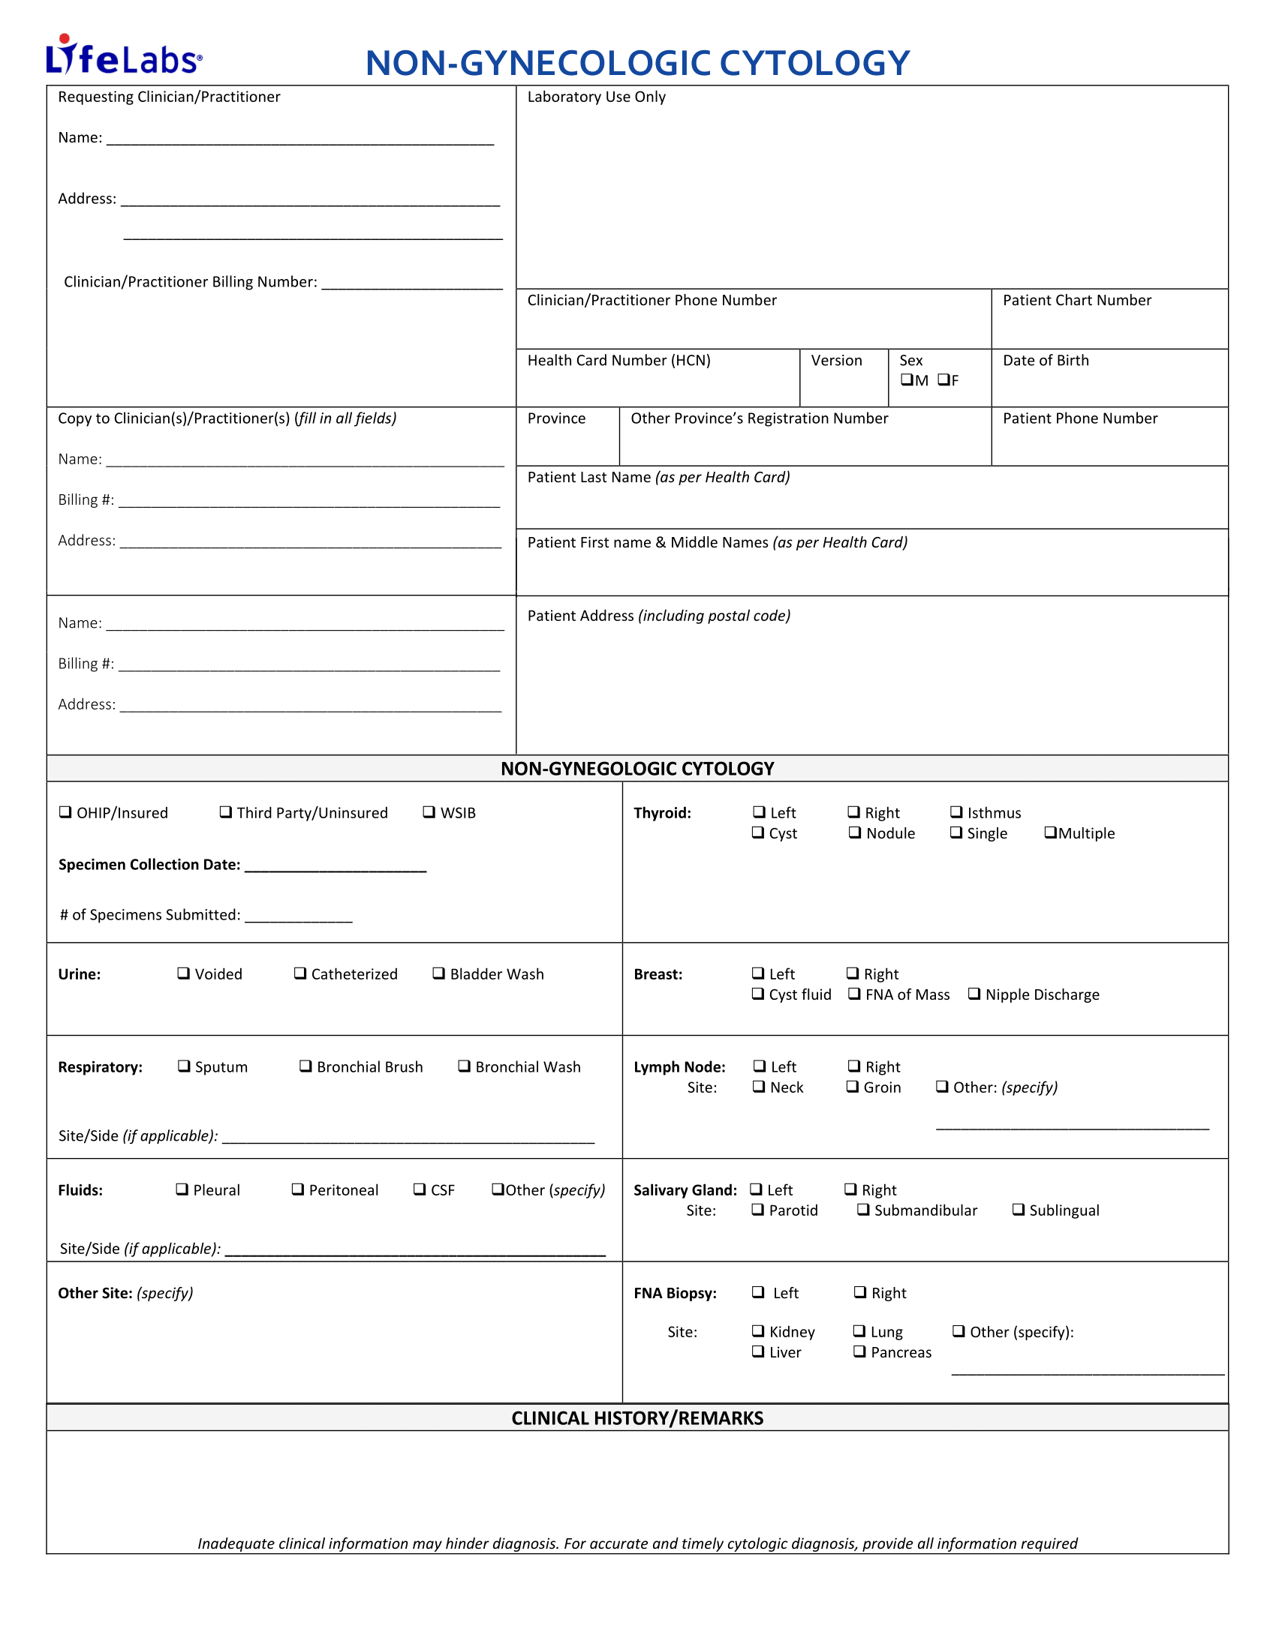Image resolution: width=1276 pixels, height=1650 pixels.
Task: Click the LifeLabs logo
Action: [123, 56]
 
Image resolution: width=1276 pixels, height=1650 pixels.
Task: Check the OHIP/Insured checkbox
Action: [66, 812]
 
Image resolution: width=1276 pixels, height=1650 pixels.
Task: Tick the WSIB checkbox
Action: [429, 812]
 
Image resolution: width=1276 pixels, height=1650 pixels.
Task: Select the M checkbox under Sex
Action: [907, 380]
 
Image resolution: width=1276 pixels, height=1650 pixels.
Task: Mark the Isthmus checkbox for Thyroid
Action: [956, 812]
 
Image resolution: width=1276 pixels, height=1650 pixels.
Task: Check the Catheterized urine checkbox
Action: [300, 973]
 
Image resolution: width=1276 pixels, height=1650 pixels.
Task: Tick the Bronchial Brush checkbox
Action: [305, 1066]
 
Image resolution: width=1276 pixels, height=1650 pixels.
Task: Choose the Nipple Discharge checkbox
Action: [974, 994]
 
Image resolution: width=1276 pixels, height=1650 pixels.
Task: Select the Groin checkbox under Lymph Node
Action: [853, 1087]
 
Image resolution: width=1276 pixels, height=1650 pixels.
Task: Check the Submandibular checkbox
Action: [862, 1210]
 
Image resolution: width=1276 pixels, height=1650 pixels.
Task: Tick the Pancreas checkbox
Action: [859, 1351]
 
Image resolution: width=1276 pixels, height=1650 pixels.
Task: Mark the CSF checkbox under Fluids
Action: [420, 1189]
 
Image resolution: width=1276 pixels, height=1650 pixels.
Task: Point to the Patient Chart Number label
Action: [1076, 300]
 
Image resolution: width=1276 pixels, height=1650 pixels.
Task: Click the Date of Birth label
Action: [1046, 360]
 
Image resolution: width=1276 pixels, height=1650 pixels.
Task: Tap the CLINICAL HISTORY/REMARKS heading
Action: [637, 1418]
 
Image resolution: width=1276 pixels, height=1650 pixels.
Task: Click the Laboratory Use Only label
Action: [597, 97]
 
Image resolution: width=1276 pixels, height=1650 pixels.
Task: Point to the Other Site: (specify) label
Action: [125, 1293]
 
